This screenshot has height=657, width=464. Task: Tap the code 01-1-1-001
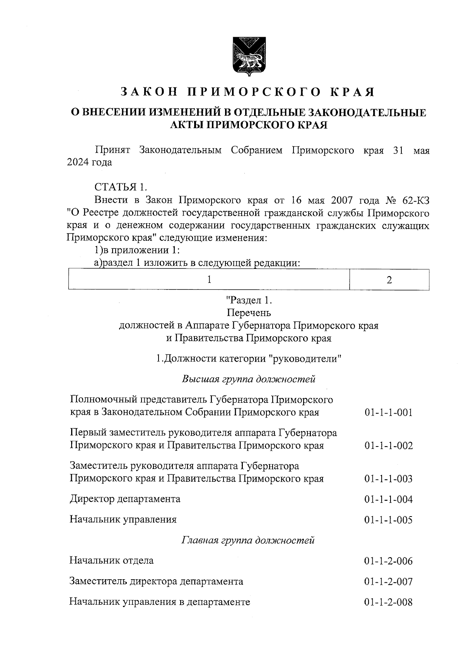coord(388,412)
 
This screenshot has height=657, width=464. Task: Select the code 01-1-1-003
coord(388,479)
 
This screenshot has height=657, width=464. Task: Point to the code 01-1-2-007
coord(388,582)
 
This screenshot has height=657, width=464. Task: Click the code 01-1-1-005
coord(388,520)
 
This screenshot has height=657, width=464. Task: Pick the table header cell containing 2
coord(389,280)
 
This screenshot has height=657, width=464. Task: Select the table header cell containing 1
coord(209,279)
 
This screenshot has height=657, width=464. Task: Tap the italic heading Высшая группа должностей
coord(249,379)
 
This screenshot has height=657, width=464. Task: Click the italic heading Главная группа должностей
coord(248,540)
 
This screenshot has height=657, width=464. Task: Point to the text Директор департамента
coord(125,499)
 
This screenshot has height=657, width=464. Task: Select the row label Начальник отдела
coord(111,560)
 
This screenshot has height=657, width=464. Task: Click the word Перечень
coord(249,312)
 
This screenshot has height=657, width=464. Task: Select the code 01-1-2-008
coord(388,602)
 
